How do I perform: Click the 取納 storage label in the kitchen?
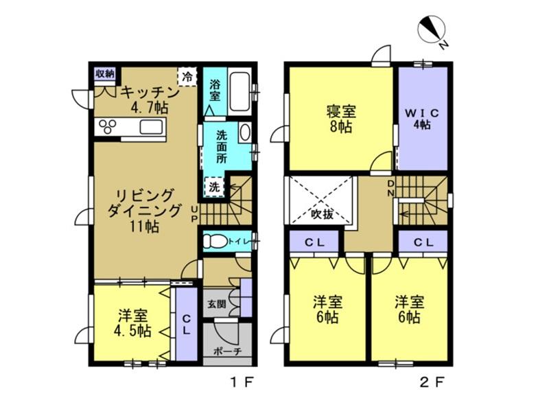pyautogui.click(x=105, y=73)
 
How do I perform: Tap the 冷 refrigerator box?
pyautogui.click(x=187, y=77)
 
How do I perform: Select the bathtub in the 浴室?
pyautogui.click(x=240, y=93)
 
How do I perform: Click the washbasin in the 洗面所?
pyautogui.click(x=245, y=132)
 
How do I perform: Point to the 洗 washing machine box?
pyautogui.click(x=214, y=187)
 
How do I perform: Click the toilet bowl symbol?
pyautogui.click(x=215, y=242)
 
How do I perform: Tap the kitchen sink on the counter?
pyautogui.click(x=152, y=127)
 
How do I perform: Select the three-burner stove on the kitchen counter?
pyautogui.click(x=108, y=127)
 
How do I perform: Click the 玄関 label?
pyautogui.click(x=216, y=304)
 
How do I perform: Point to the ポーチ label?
pyautogui.click(x=228, y=351)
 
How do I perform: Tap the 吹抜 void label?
pyautogui.click(x=322, y=214)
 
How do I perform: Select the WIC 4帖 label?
pyautogui.click(x=422, y=119)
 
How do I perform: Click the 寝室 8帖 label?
pyautogui.click(x=341, y=119)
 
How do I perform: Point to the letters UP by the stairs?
pyautogui.click(x=195, y=214)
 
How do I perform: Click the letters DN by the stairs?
pyautogui.click(x=391, y=188)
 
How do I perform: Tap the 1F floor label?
pyautogui.click(x=242, y=382)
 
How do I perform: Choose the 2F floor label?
pyautogui.click(x=432, y=382)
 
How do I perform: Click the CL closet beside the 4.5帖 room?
pyautogui.click(x=186, y=325)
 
